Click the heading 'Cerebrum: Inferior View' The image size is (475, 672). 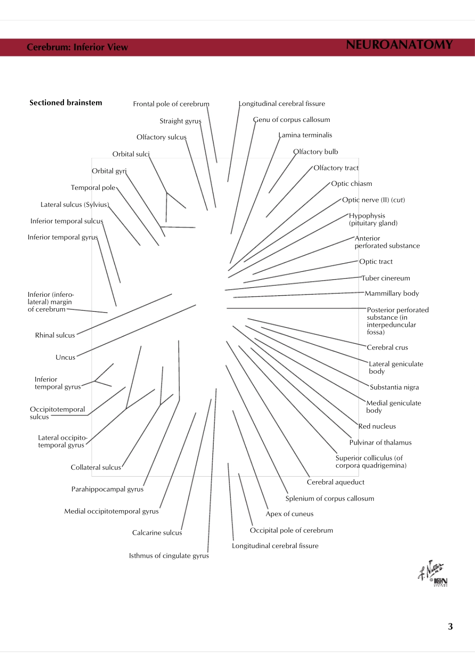pyautogui.click(x=77, y=47)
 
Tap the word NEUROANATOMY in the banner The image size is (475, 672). pyautogui.click(x=399, y=45)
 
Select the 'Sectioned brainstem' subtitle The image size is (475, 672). pyautogui.click(x=65, y=103)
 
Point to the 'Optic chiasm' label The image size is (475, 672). pyautogui.click(x=351, y=184)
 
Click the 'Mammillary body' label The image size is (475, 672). pyautogui.click(x=391, y=294)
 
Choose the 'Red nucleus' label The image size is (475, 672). pyautogui.click(x=377, y=427)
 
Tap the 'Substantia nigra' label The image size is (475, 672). pyautogui.click(x=394, y=387)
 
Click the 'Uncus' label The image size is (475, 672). pyautogui.click(x=65, y=358)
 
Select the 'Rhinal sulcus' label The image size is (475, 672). pyautogui.click(x=55, y=336)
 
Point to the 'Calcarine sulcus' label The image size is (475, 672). pyautogui.click(x=157, y=533)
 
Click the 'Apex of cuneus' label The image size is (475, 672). pyautogui.click(x=289, y=514)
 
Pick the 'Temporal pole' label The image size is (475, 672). pyautogui.click(x=93, y=188)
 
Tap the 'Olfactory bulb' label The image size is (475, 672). pyautogui.click(x=315, y=152)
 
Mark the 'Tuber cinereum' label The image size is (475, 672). pyautogui.click(x=385, y=278)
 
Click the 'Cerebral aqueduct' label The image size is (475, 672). pyautogui.click(x=335, y=483)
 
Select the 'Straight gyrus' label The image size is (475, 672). pyautogui.click(x=180, y=121)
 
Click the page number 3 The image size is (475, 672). pyautogui.click(x=450, y=627)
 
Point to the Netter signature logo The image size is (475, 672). pyautogui.click(x=432, y=574)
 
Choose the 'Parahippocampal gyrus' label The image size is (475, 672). pyautogui.click(x=107, y=490)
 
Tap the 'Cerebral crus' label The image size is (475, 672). pyautogui.click(x=387, y=348)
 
